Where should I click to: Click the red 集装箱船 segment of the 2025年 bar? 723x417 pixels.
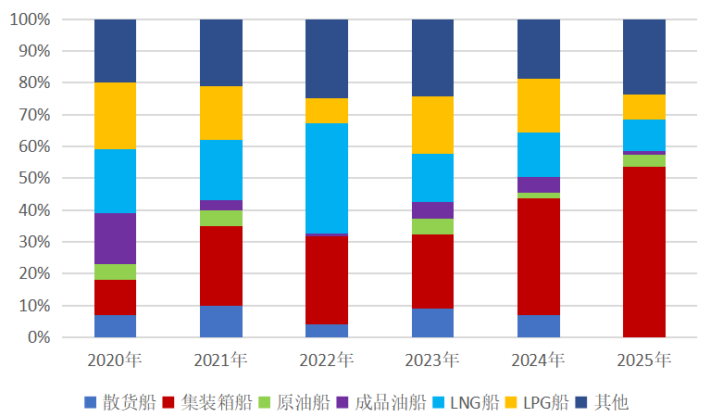click(643, 251)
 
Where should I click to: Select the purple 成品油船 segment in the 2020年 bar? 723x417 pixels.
click(115, 238)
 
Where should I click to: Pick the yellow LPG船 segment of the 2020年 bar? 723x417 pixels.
click(115, 116)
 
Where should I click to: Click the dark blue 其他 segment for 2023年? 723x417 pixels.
click(432, 57)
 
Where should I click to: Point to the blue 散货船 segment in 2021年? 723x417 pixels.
click(221, 321)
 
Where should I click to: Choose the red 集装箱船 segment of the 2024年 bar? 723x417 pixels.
click(538, 256)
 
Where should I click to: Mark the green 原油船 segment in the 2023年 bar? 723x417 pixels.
click(432, 226)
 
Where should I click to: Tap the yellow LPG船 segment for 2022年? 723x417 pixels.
click(327, 110)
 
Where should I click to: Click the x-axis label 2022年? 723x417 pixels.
click(327, 359)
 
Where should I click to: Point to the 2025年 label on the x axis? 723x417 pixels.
click(643, 359)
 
